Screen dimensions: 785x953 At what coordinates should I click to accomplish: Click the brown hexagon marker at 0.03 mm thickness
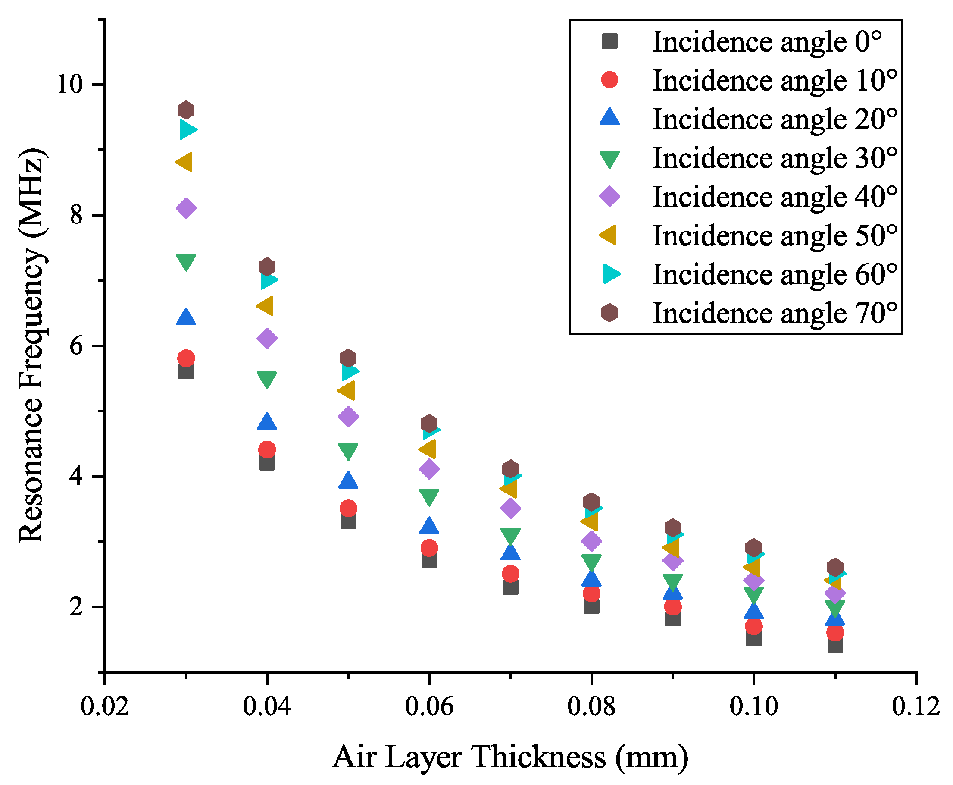coord(186,110)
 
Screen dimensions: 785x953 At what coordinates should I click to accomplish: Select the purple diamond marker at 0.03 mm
coord(186,208)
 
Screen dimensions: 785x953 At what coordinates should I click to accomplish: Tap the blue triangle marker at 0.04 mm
coord(267,421)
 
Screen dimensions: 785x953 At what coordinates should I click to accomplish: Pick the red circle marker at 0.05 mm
coord(348,508)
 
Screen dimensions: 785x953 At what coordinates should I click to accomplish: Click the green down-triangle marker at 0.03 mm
coord(186,262)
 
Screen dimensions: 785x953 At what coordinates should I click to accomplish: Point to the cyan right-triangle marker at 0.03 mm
coord(187,130)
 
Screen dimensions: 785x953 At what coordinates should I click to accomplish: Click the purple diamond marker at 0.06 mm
coord(429,468)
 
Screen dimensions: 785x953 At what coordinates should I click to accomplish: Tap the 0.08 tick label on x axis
coord(591,706)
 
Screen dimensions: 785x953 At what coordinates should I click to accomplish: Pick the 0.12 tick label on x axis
coord(916,706)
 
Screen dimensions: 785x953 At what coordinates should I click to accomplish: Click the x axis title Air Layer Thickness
coord(510,757)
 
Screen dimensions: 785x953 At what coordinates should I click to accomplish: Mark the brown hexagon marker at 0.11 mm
coord(834,567)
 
